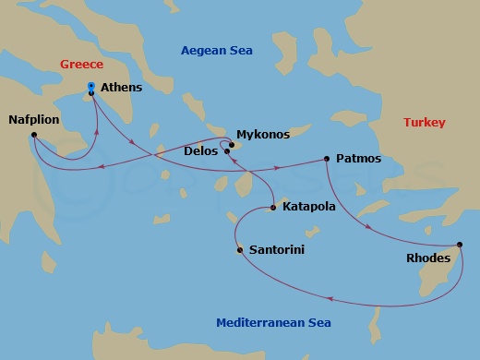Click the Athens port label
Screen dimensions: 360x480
127,92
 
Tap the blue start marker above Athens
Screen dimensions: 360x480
90,86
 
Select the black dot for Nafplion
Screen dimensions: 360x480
33,136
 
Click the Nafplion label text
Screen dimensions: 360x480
35,120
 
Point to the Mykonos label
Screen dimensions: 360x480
263,135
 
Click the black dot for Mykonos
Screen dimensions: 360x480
233,144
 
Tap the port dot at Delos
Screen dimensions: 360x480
227,150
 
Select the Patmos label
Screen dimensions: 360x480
358,160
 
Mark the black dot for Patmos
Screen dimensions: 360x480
328,159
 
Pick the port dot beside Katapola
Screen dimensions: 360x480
273,207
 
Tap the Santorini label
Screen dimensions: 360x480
277,250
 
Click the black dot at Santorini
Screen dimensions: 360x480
240,247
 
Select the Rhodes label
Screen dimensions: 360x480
428,258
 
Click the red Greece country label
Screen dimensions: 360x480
83,65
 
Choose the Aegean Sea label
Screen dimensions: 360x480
216,50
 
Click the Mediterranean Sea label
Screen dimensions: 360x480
272,322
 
